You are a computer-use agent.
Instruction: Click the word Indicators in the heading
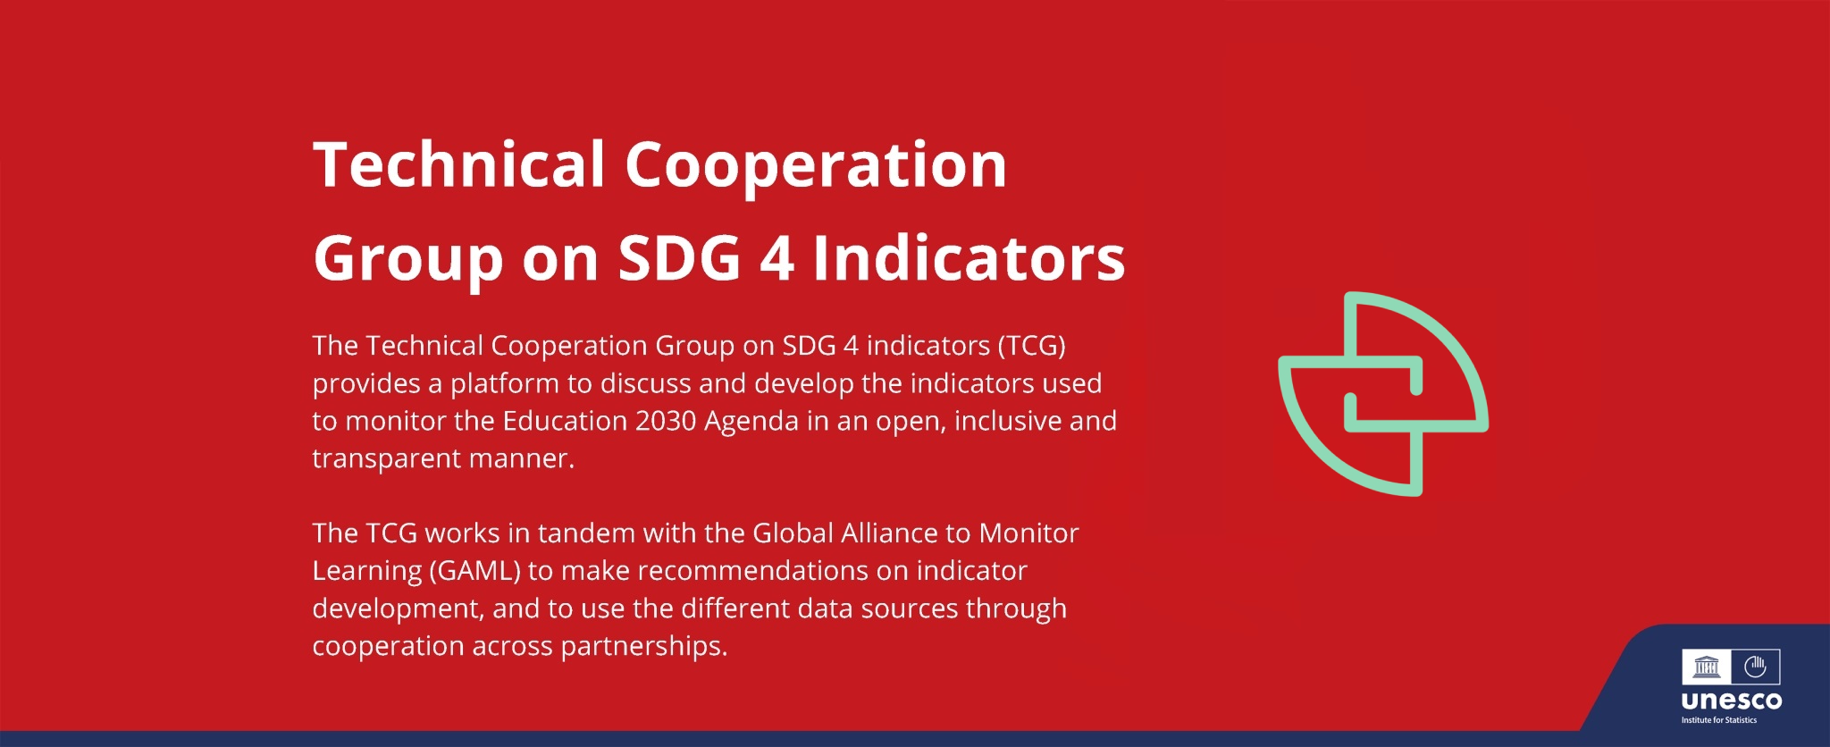pos(970,258)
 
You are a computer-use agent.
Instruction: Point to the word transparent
pos(387,459)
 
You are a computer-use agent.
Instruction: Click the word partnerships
pos(643,647)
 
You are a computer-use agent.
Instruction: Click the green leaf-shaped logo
pos(1382,394)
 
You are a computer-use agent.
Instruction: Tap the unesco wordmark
pos(1732,701)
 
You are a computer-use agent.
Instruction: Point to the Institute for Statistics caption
pos(1719,720)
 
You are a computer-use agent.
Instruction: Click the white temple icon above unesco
pos(1707,667)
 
